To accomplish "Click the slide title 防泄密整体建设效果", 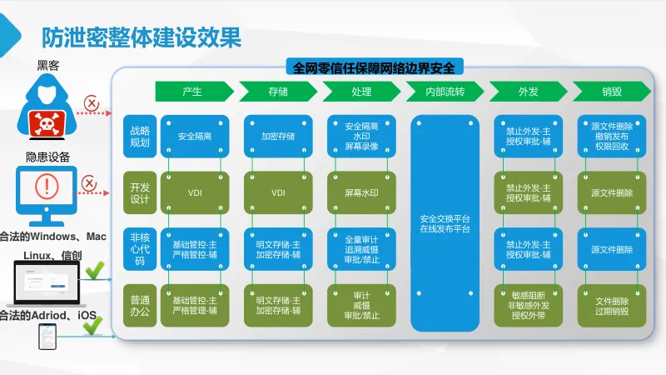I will click(x=142, y=37).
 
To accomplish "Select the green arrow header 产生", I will click(x=192, y=92).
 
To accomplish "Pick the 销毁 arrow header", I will click(x=612, y=92).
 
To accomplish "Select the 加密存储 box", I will click(x=278, y=136).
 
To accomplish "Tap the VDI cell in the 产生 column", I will click(x=195, y=192).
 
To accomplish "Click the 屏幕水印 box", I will click(x=361, y=192).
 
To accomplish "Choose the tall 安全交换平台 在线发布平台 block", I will click(x=445, y=222).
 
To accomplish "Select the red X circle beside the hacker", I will click(x=92, y=104).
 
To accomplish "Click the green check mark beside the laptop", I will click(x=94, y=271).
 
